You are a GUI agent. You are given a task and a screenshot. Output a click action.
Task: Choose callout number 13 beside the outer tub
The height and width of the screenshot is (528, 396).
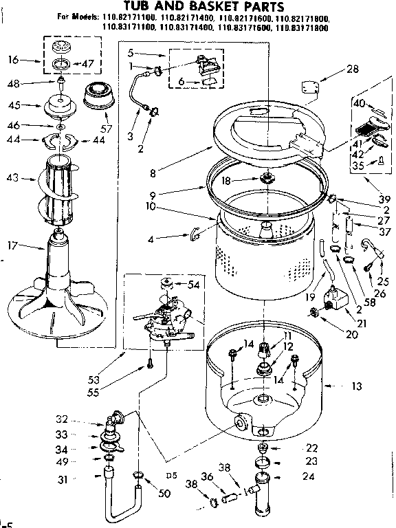tap(356, 387)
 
